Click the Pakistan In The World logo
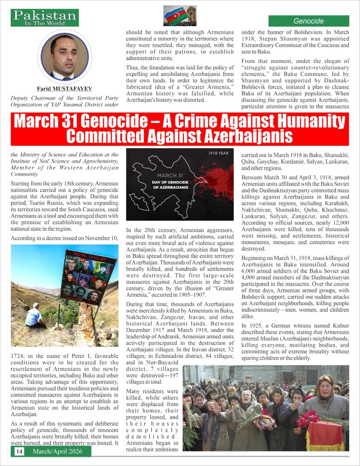[45, 18]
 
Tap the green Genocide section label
[308, 21]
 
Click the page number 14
[19, 451]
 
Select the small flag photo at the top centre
[180, 15]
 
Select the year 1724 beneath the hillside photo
[18, 356]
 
